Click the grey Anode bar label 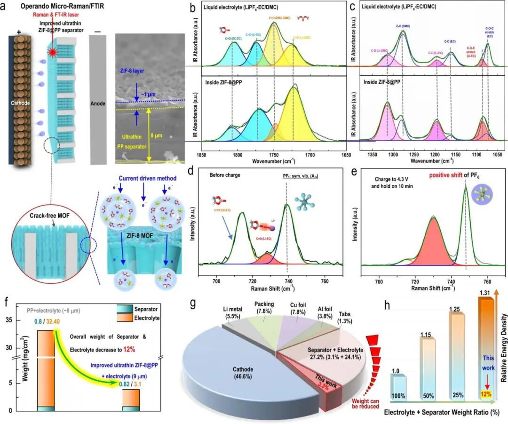(98, 104)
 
